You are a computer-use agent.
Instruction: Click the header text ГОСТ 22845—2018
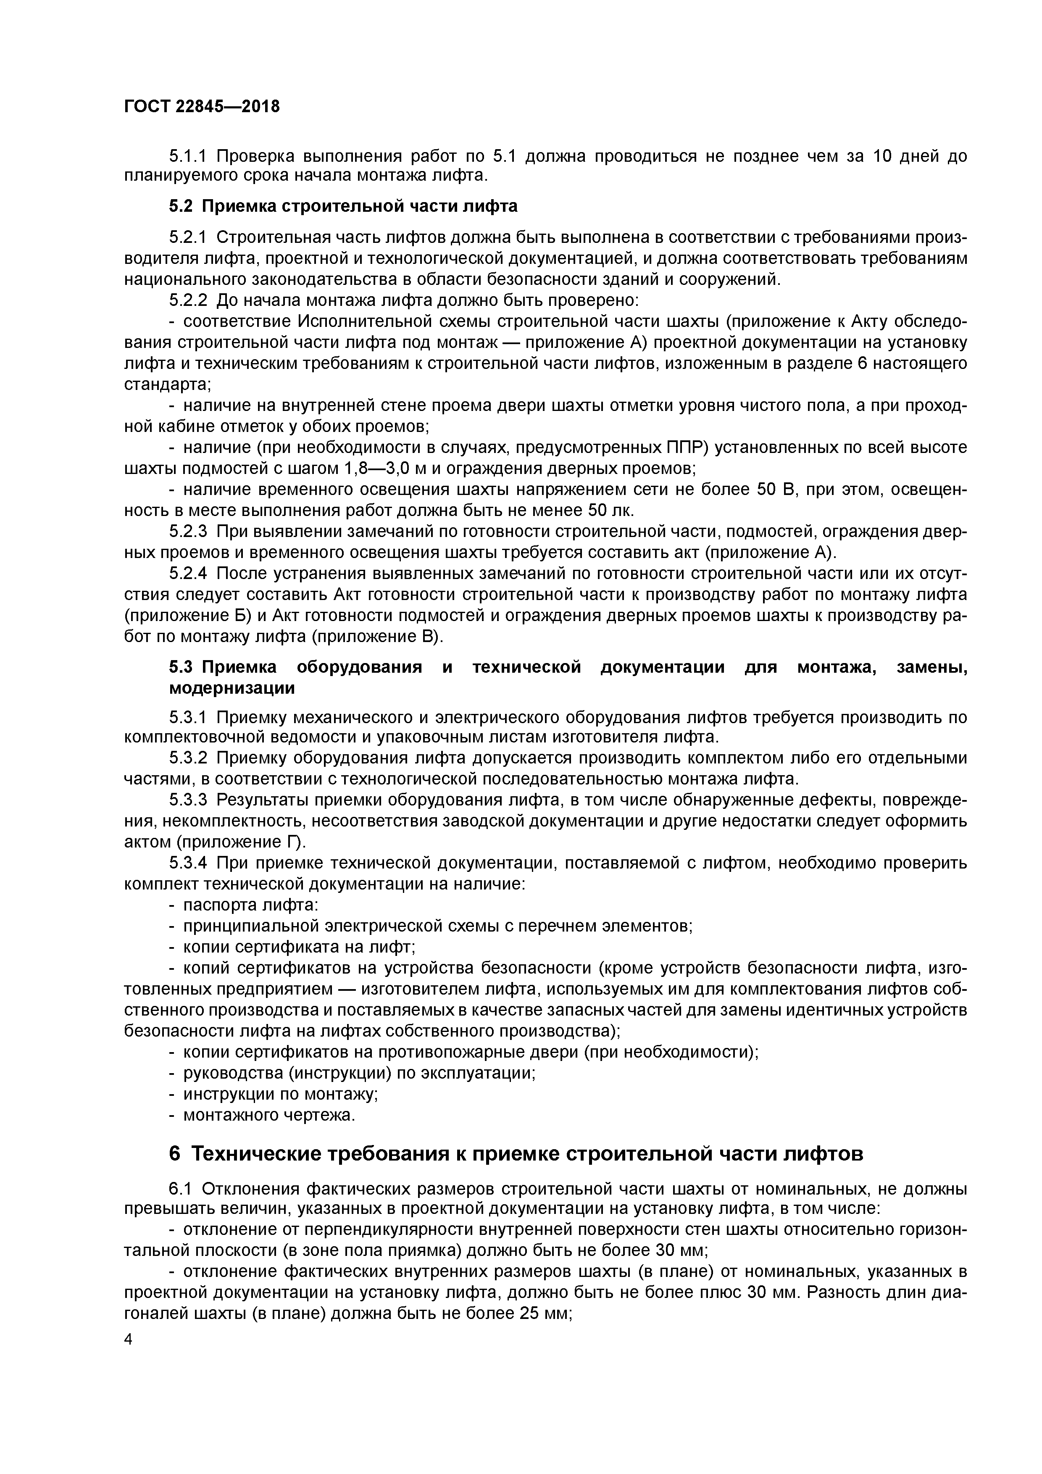[202, 107]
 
